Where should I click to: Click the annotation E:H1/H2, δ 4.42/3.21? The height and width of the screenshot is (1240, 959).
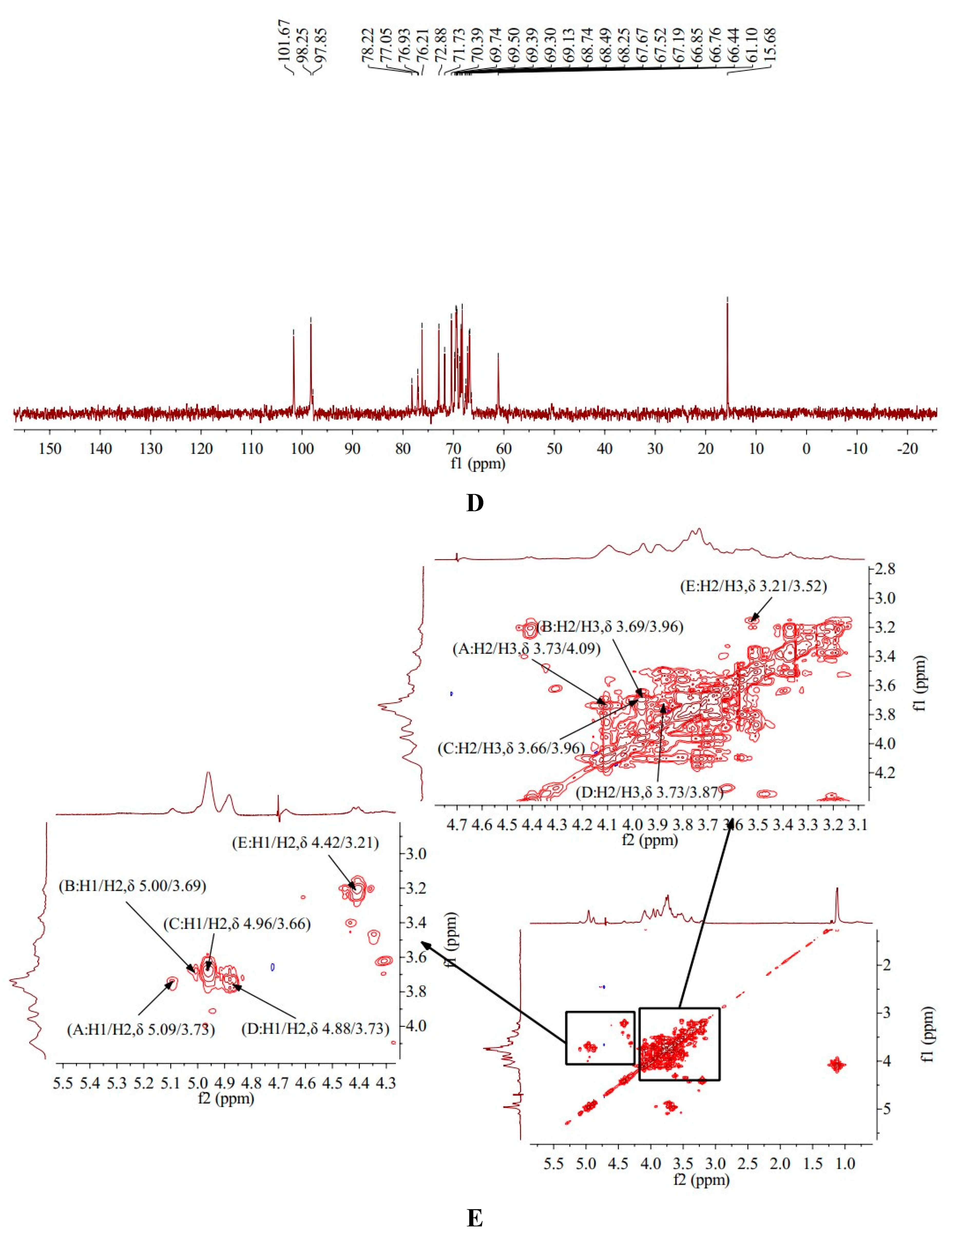click(305, 843)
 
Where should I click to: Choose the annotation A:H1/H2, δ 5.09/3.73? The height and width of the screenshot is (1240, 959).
click(141, 1029)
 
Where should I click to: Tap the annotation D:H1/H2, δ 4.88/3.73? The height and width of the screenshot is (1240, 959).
click(315, 1029)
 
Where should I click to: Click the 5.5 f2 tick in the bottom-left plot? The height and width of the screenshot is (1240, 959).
click(62, 1083)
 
